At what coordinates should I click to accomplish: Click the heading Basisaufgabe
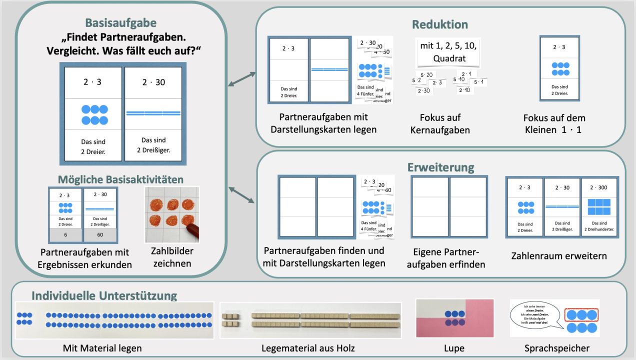(x=120, y=23)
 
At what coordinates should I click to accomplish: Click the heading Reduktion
(x=439, y=24)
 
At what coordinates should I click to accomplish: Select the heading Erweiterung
(x=440, y=166)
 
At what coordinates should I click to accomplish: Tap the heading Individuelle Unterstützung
(x=104, y=295)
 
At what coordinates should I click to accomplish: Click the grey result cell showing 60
(x=100, y=234)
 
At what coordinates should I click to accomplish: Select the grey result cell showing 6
(x=65, y=234)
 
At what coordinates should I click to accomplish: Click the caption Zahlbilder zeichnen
(x=172, y=257)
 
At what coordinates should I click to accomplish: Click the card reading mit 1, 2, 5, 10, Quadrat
(x=448, y=52)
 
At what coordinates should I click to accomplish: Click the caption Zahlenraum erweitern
(x=559, y=255)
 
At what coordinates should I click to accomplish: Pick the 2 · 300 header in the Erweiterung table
(x=599, y=187)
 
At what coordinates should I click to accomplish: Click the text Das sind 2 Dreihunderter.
(x=599, y=227)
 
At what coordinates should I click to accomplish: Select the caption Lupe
(x=454, y=348)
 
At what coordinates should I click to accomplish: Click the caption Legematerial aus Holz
(x=308, y=348)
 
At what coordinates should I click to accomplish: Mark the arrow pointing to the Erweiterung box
(x=241, y=195)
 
